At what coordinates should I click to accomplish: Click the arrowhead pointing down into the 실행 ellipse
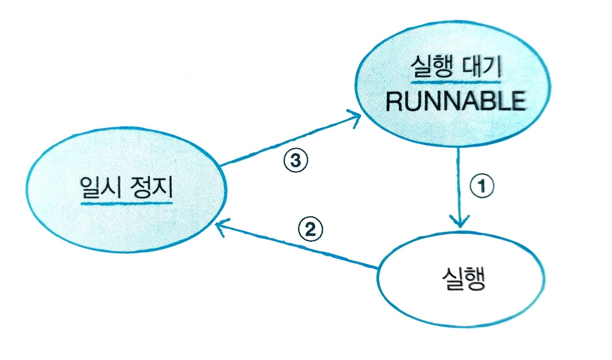[459, 223]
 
